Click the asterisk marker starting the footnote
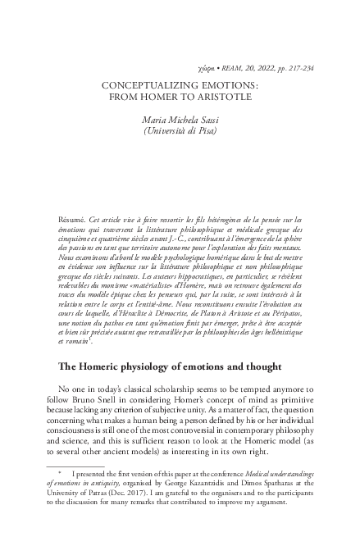62,473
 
